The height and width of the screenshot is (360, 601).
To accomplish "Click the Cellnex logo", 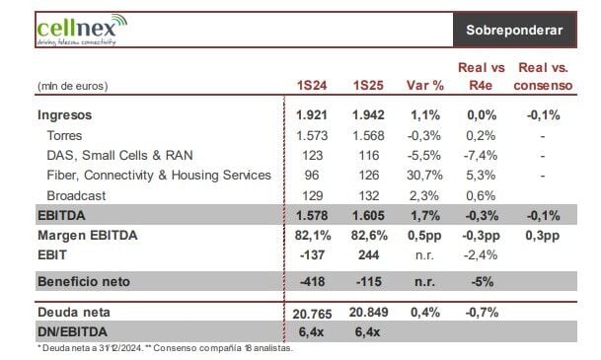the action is click(82, 30).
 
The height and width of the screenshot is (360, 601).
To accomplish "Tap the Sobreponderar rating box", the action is click(514, 30).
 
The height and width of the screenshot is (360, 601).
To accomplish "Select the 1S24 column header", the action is click(312, 85).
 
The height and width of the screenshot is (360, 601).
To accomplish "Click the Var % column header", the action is click(425, 85).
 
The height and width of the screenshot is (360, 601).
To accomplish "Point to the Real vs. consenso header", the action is click(543, 76).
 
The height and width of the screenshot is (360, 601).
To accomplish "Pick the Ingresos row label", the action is click(65, 114).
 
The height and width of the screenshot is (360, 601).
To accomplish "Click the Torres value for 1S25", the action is click(368, 135).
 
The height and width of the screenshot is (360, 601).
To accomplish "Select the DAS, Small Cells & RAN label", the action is click(119, 155).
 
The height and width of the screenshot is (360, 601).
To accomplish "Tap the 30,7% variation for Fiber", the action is click(424, 175).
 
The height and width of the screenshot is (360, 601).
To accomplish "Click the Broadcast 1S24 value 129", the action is click(313, 195).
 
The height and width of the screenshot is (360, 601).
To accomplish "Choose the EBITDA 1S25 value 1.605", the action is click(368, 215).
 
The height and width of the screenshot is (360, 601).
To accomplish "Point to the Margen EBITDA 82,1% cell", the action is click(313, 235).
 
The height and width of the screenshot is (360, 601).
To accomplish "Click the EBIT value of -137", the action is click(313, 254).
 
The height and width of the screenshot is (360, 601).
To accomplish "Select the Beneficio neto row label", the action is click(84, 281).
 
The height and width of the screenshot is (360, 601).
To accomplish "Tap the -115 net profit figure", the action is click(369, 282).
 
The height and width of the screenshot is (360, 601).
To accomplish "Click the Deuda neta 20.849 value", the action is click(368, 312).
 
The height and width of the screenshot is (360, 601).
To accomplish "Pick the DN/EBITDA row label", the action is click(72, 331).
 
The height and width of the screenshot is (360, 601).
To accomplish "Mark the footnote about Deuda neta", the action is click(165, 348).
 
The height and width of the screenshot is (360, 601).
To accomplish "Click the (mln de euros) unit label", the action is click(73, 86).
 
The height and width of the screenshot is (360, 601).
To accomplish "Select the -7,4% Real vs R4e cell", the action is click(481, 155).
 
